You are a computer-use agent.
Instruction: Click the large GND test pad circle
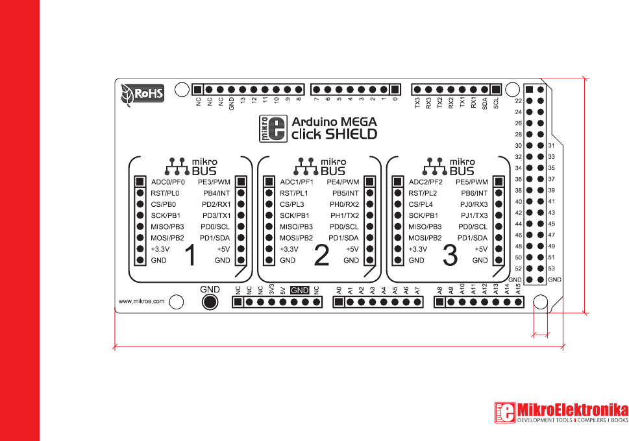210,302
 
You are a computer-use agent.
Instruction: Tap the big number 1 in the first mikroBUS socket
190,256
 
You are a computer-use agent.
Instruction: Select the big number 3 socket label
450,256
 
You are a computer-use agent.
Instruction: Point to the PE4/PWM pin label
343,182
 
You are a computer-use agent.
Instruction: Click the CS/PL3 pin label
293,204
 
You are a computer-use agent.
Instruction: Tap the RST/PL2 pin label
423,193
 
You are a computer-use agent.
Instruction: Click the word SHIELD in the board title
351,134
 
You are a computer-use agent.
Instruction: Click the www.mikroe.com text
141,301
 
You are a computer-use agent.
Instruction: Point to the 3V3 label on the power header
271,290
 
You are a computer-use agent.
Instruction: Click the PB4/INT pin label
216,193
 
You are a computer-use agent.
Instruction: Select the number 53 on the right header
552,268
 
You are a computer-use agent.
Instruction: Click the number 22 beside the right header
518,101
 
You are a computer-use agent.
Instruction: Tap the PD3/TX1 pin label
216,215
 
